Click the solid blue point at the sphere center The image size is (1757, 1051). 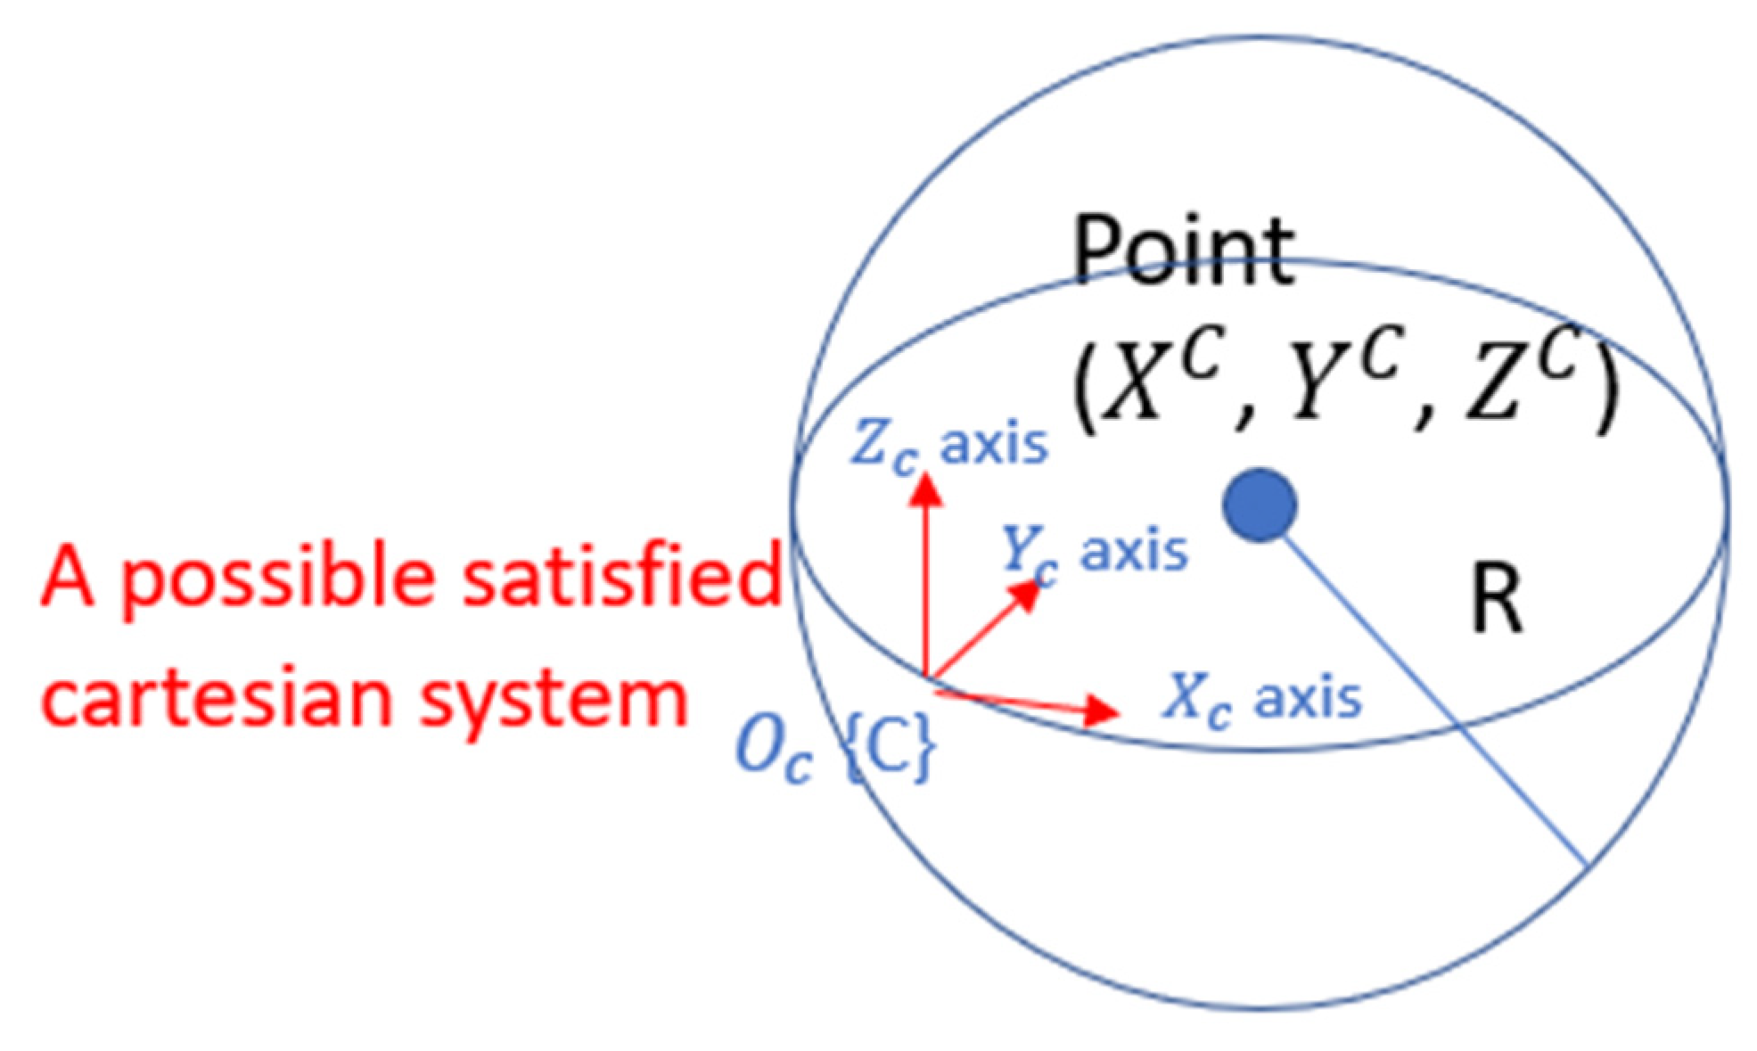[x=1259, y=505]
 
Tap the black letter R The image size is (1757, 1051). [x=1497, y=601]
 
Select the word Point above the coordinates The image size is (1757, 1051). [x=1183, y=251]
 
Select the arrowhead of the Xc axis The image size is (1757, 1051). [x=1104, y=710]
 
